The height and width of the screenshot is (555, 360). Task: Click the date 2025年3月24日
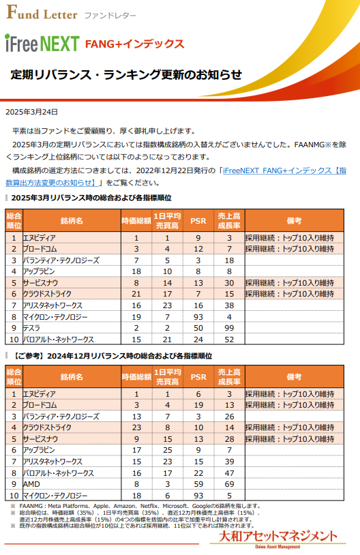(31, 112)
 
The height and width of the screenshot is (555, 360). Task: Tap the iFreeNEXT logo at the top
(42, 44)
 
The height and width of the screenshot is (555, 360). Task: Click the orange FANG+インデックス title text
(134, 44)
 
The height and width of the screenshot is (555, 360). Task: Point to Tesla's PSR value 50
(198, 327)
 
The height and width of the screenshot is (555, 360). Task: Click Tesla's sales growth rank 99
(229, 327)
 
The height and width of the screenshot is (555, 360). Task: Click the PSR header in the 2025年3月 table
(198, 220)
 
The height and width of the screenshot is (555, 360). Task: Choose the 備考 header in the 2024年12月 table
(295, 376)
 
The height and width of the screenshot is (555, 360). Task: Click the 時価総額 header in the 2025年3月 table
(136, 220)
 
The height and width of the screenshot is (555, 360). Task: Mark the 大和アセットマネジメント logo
(273, 537)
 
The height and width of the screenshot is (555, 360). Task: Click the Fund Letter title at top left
(41, 14)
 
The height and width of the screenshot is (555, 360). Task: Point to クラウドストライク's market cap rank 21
(136, 293)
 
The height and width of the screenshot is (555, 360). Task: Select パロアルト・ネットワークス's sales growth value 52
(229, 339)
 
